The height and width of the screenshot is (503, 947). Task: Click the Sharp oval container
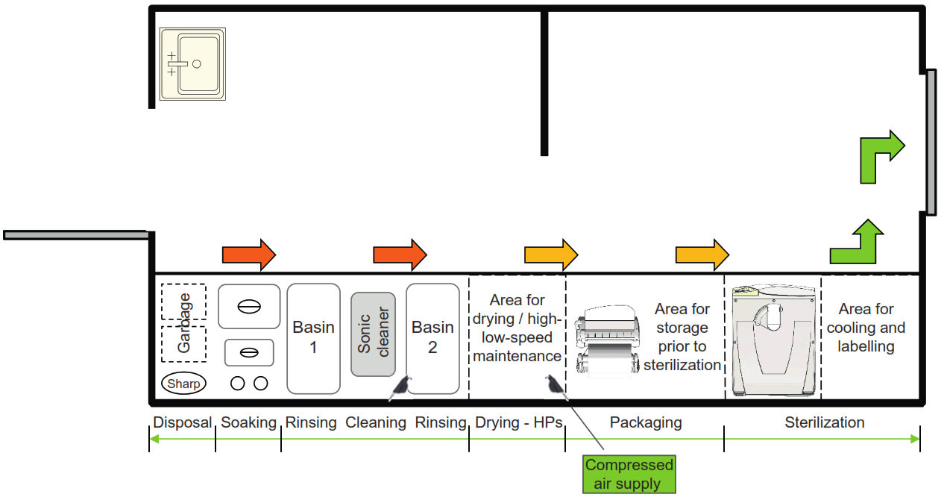pos(183,384)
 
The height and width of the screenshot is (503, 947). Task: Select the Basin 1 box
pos(313,338)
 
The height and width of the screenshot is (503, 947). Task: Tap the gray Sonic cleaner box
pos(373,334)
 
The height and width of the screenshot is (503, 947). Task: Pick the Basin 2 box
pos(432,338)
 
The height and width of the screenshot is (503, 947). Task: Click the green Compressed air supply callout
pos(629,474)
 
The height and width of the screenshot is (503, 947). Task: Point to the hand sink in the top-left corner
pos(192,64)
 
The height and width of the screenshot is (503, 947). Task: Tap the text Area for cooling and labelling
pos(866,328)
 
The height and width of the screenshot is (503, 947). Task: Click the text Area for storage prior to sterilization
pos(682,337)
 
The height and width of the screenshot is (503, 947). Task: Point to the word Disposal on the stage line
pos(183,422)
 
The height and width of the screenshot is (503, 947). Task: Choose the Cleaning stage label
pos(375,422)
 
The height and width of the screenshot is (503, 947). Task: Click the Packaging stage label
pos(645,422)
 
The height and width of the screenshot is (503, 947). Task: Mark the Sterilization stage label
pos(824,422)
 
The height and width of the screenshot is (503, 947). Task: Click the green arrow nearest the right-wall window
pos(881,156)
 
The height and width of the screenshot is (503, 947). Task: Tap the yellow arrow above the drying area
pos(550,255)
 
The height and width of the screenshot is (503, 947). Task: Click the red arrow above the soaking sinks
pos(249,255)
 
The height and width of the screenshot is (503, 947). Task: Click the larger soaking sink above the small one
pos(249,307)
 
